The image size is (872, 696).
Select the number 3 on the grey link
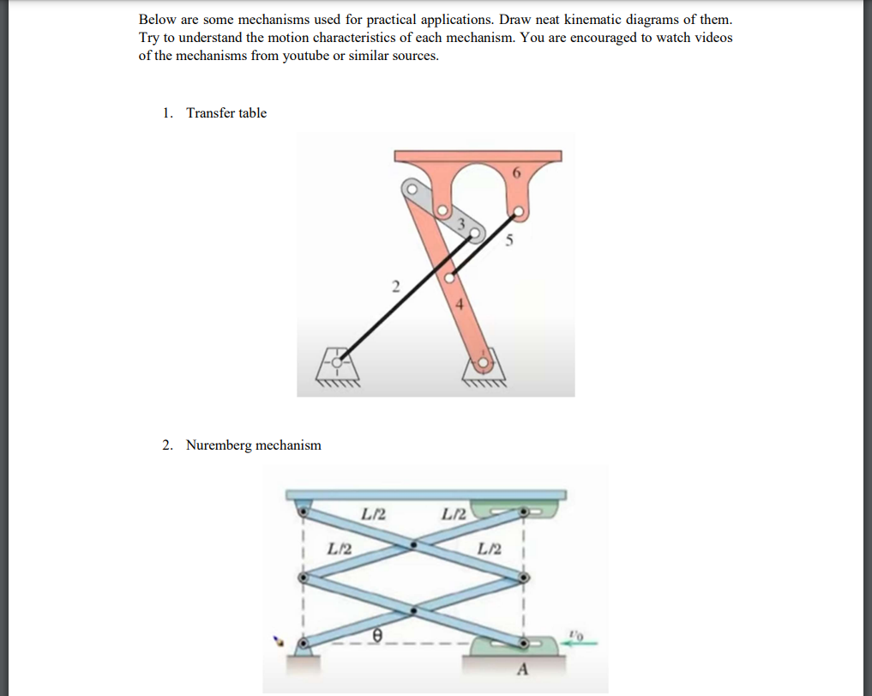click(x=461, y=224)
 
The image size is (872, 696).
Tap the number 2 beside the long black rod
click(x=395, y=286)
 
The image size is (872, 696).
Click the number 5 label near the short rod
click(x=508, y=241)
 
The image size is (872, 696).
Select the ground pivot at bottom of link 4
click(x=484, y=364)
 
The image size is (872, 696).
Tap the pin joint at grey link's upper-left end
click(x=412, y=188)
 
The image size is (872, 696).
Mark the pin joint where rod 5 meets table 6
click(x=517, y=209)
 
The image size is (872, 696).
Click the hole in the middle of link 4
click(x=448, y=278)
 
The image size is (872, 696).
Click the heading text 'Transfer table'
click(x=226, y=113)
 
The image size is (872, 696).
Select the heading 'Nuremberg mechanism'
click(x=254, y=445)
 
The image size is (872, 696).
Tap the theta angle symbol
click(x=376, y=635)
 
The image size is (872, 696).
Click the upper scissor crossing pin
click(x=414, y=543)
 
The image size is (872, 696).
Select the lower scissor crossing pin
click(x=414, y=610)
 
